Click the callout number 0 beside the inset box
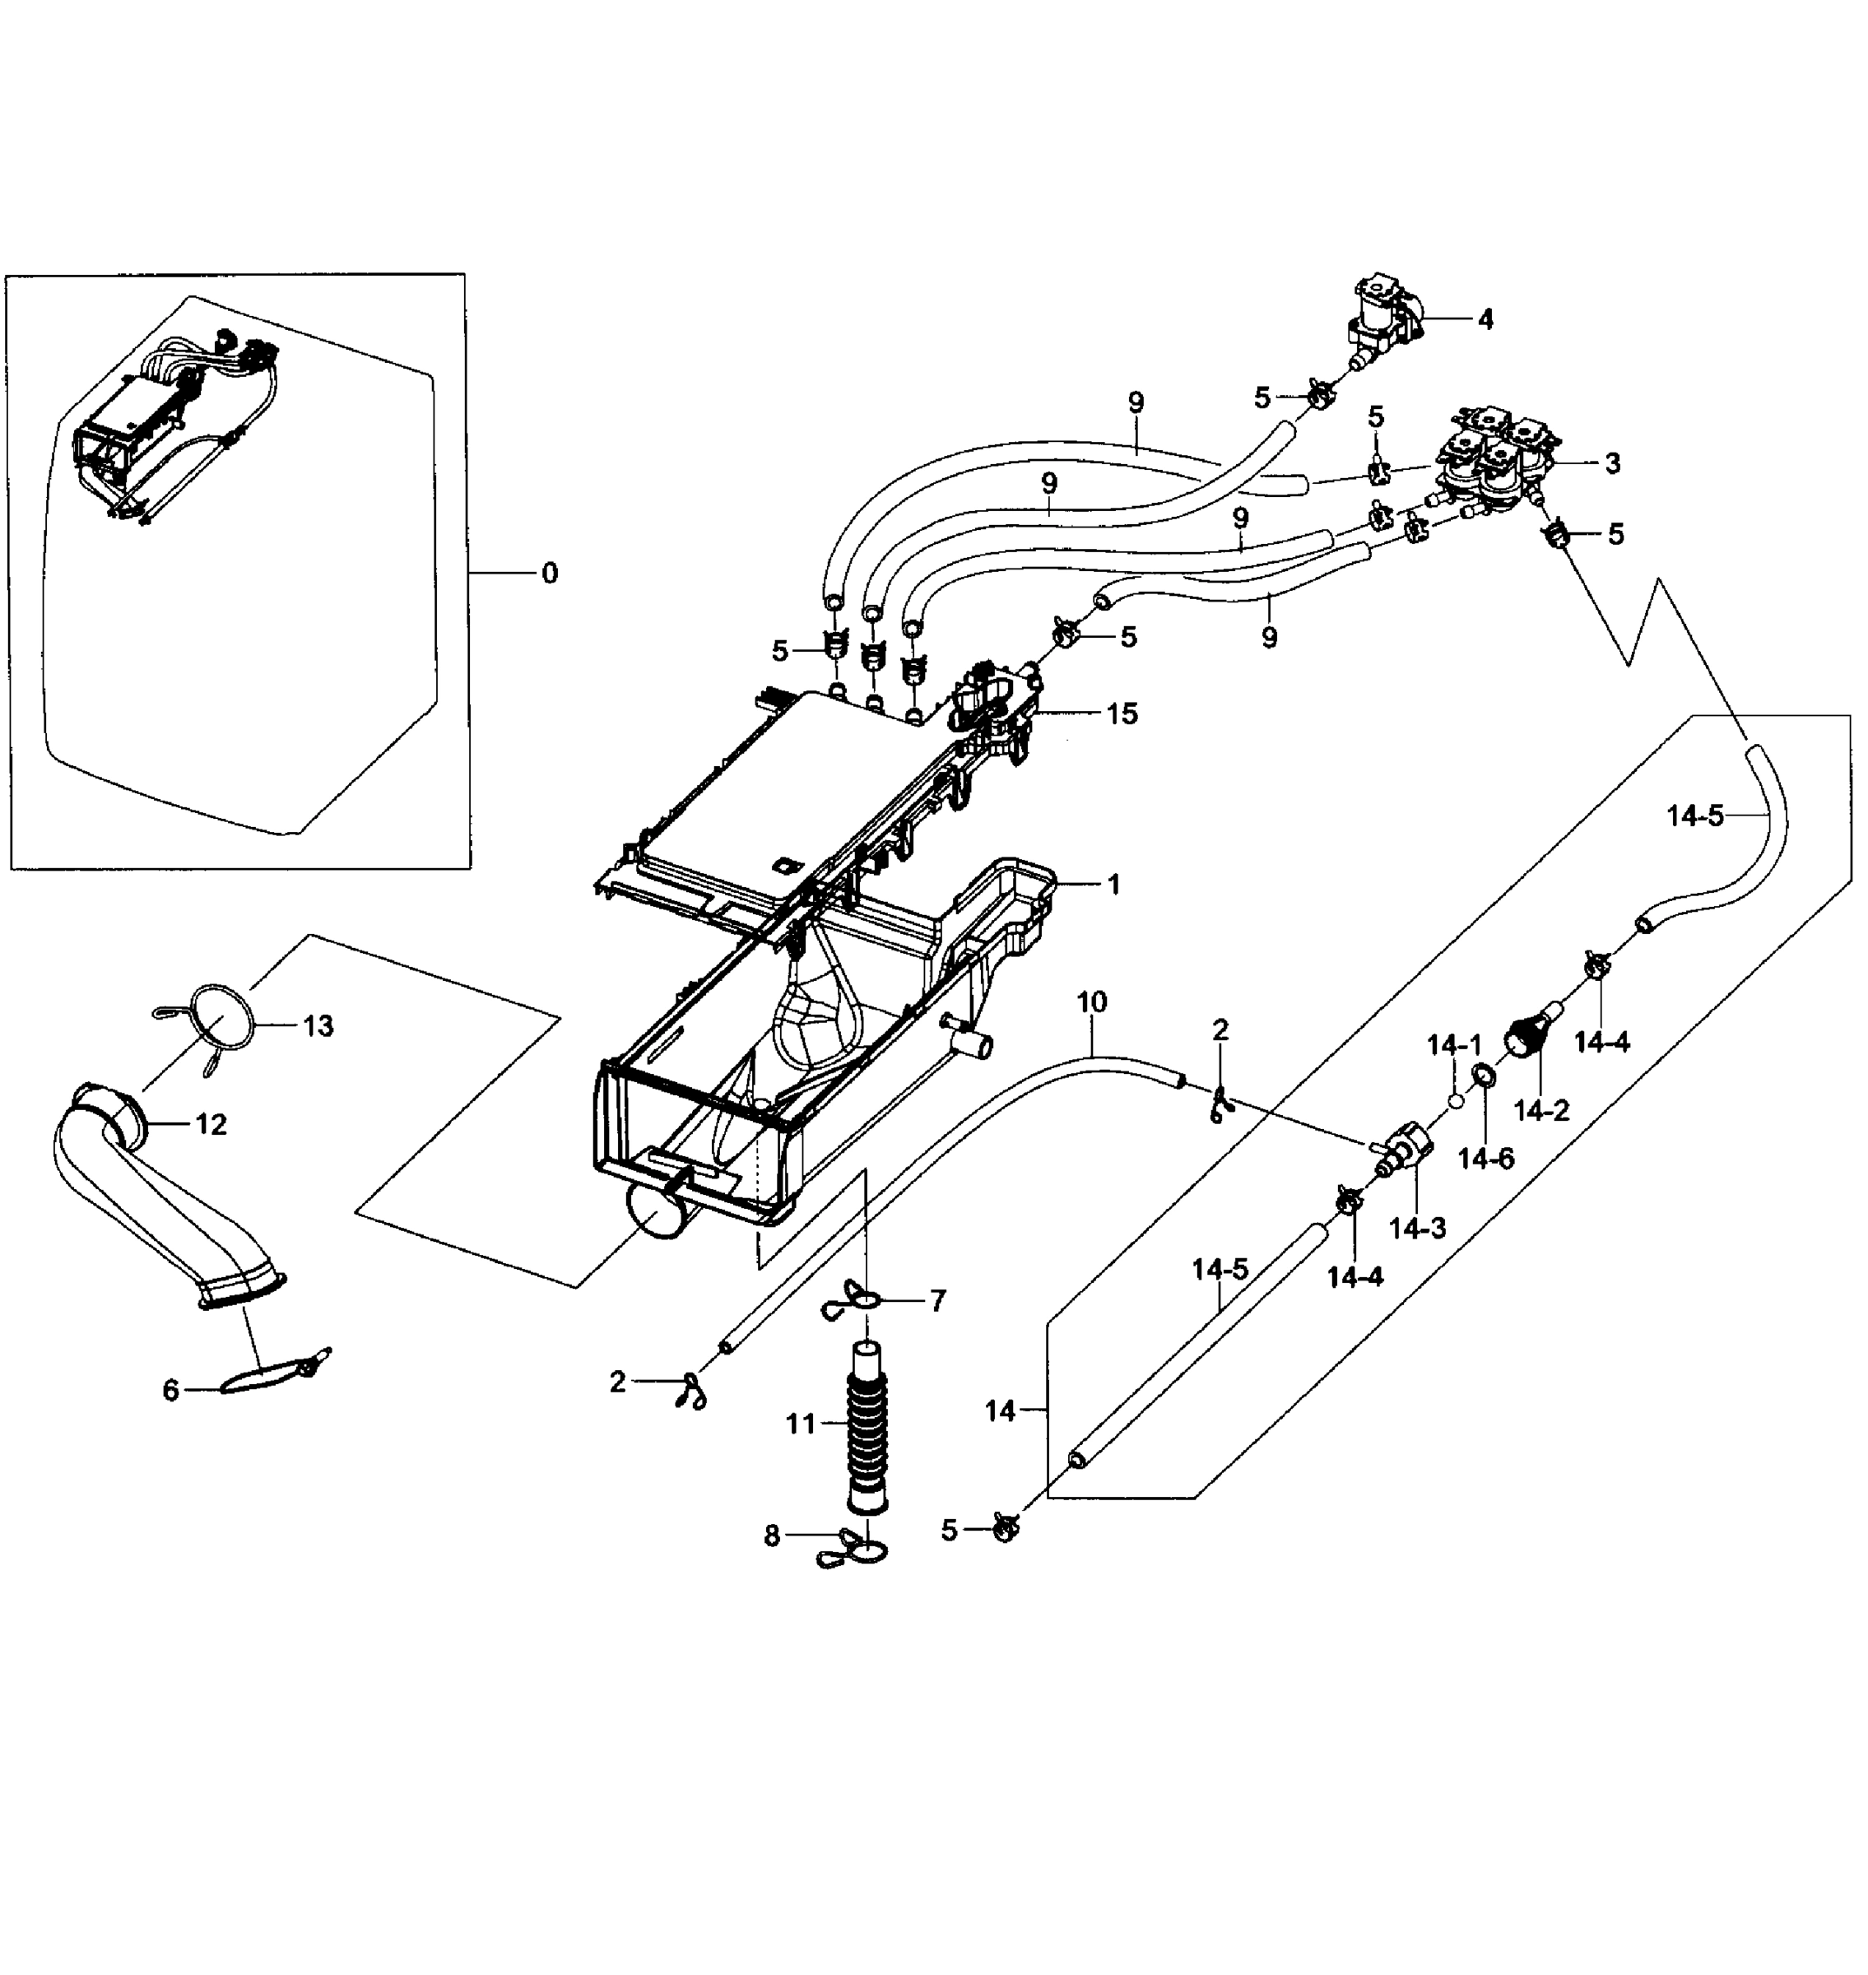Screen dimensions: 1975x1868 click(x=550, y=573)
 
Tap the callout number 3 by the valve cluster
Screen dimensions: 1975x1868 click(x=1612, y=463)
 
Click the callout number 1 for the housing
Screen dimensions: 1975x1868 click(x=1113, y=884)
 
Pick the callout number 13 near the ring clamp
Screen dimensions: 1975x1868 click(x=318, y=1026)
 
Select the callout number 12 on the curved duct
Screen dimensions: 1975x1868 click(x=211, y=1124)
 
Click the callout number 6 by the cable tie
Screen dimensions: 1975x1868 click(x=170, y=1389)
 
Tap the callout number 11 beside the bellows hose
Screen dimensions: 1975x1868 click(x=801, y=1424)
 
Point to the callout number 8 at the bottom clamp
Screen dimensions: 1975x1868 click(x=772, y=1536)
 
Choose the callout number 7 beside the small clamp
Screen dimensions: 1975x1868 click(x=937, y=1301)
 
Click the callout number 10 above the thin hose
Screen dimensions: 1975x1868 click(x=1091, y=1002)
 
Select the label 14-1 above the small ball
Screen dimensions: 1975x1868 click(x=1454, y=1045)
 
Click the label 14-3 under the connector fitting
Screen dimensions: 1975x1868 click(x=1417, y=1229)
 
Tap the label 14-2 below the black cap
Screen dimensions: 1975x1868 click(x=1541, y=1109)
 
